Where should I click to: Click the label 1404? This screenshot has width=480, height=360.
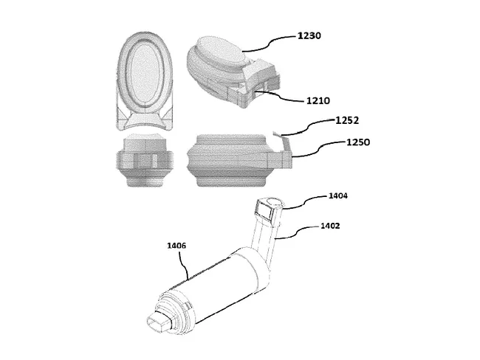click(340, 197)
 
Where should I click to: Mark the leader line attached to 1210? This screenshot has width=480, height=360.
click(284, 97)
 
